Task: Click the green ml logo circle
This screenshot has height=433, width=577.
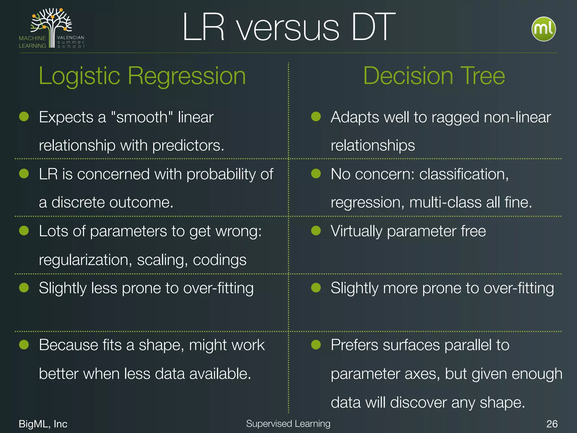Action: pos(543,29)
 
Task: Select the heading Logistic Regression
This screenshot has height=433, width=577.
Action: pos(142,76)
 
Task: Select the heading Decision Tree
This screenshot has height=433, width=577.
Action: pos(434,76)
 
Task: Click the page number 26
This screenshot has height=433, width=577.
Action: pos(552,424)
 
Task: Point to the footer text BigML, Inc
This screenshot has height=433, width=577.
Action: pos(43,424)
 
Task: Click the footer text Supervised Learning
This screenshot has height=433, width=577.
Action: pos(288,423)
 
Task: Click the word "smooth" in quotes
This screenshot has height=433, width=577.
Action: pos(142,117)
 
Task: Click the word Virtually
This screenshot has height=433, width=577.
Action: pos(356,231)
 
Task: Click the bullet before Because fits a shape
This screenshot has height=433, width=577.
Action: pos(24,344)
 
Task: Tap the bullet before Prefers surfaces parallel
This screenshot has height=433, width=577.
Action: pos(316,344)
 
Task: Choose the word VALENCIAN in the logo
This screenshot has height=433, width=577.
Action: pos(70,37)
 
